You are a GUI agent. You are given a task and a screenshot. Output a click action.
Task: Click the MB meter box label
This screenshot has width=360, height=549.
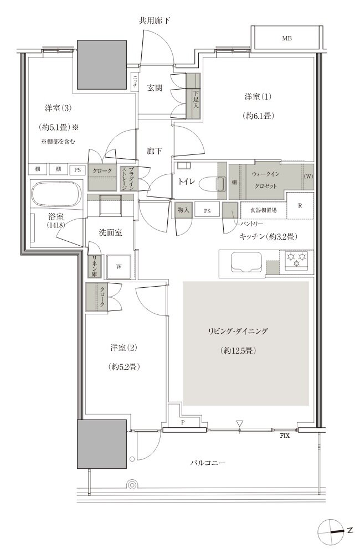(x=287, y=39)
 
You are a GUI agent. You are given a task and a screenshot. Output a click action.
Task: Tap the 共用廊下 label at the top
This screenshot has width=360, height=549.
(x=154, y=20)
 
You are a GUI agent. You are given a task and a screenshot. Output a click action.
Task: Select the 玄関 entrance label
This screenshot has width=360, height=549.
(x=155, y=88)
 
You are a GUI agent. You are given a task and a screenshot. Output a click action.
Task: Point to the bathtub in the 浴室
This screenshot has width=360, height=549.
(x=56, y=194)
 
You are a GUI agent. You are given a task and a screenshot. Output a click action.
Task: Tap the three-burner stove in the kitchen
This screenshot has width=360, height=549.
(x=296, y=260)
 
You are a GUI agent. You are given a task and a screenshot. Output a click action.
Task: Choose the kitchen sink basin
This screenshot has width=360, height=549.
(x=246, y=262)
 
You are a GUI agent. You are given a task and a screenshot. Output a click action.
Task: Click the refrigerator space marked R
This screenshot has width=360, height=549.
(x=300, y=205)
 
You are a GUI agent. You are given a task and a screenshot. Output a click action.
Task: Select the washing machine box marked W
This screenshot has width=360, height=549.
(x=119, y=267)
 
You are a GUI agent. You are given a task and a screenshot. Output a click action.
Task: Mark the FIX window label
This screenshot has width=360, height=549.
(x=285, y=436)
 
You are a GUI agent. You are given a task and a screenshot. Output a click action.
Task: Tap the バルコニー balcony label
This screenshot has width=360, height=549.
(x=208, y=463)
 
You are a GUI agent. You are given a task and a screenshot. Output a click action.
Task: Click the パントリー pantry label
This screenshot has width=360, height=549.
(x=251, y=224)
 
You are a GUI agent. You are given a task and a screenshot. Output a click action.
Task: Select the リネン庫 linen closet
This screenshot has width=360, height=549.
(x=94, y=266)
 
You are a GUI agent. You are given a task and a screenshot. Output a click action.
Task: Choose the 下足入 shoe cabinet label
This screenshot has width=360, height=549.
(x=196, y=100)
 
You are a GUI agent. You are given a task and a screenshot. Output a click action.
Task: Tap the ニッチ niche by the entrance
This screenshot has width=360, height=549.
(x=135, y=82)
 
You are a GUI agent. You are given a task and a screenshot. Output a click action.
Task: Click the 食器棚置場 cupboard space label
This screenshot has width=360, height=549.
(x=263, y=210)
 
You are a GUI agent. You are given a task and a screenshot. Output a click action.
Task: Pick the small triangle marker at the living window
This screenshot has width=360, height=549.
(x=239, y=423)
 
